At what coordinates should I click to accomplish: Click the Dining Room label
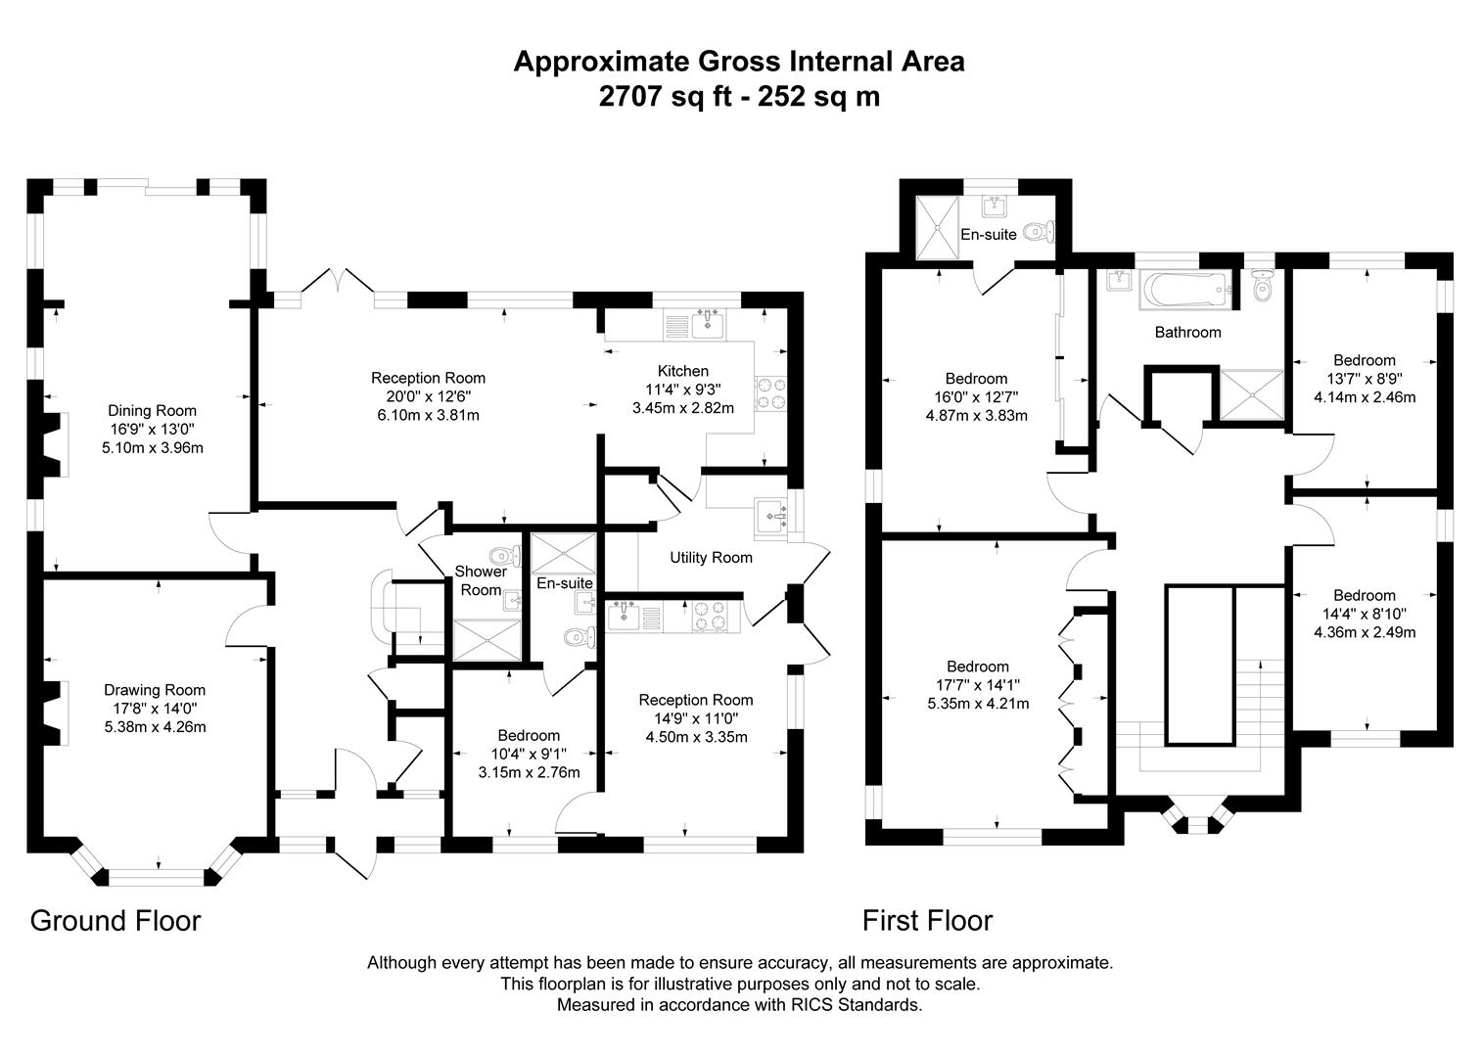click(x=152, y=411)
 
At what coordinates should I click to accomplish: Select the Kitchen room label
click(x=682, y=371)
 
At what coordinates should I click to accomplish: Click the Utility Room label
click(x=711, y=558)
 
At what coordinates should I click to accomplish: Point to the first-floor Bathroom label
click(x=1187, y=333)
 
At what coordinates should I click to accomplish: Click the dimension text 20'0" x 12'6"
click(x=428, y=396)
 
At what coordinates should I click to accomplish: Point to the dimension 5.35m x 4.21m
click(x=977, y=703)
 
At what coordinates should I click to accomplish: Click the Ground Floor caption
click(x=116, y=921)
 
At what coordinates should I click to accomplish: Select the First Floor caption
click(x=927, y=921)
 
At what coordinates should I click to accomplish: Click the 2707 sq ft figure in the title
click(x=665, y=97)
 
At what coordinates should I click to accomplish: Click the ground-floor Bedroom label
click(x=529, y=736)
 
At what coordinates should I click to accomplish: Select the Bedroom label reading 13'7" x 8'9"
click(x=1364, y=360)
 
